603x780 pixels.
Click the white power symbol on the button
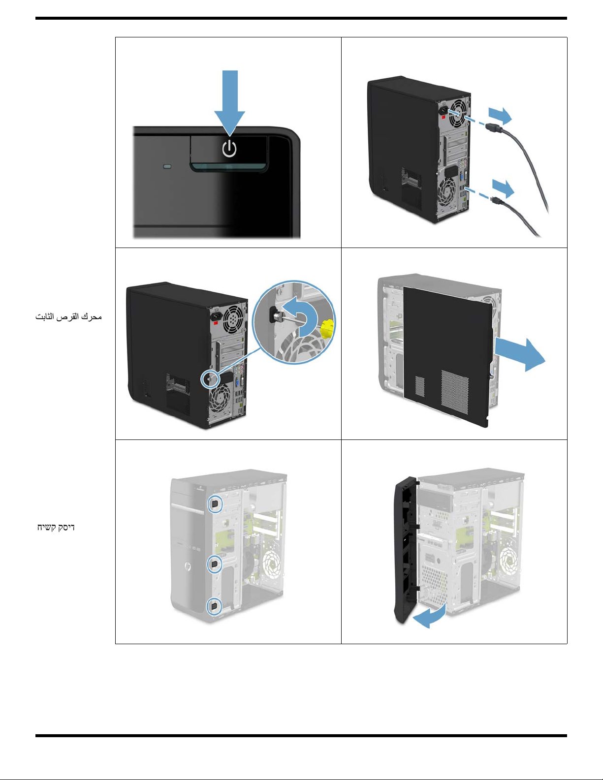point(229,149)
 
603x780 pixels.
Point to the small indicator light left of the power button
point(167,166)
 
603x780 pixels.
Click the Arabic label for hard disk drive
point(68,316)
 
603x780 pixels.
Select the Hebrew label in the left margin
point(56,527)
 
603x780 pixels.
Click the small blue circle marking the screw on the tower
point(210,378)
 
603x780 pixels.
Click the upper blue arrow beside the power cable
point(500,116)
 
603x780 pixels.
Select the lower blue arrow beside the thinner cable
point(503,188)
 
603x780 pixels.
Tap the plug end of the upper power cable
point(492,128)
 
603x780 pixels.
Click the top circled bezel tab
point(215,504)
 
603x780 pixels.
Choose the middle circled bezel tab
point(215,564)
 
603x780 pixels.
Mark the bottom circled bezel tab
point(214,606)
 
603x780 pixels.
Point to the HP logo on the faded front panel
point(187,567)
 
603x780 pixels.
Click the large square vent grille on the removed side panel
point(455,392)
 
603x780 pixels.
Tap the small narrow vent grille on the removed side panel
point(419,386)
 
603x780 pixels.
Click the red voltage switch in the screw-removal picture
point(216,323)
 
